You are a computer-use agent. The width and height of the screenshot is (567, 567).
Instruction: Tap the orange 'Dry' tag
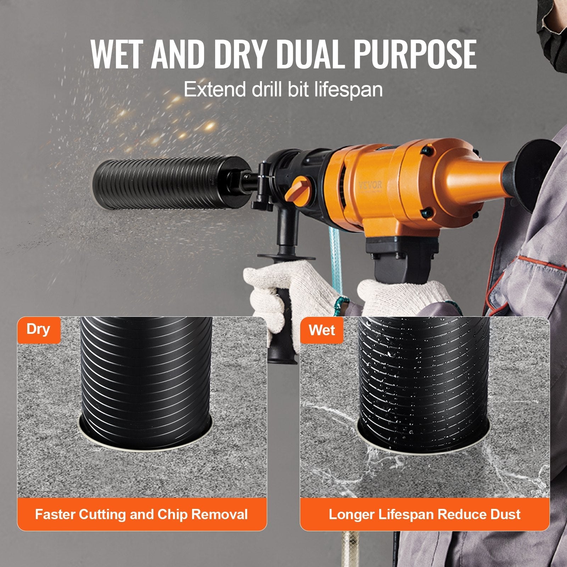(x=38, y=330)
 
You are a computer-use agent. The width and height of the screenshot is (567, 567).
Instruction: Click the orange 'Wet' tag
(x=321, y=330)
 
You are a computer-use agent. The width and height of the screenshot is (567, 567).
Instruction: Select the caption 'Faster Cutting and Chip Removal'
(x=141, y=514)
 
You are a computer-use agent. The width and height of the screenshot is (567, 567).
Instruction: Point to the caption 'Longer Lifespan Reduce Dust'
(x=425, y=514)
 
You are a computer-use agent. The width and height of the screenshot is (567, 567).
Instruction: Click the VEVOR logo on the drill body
(x=370, y=185)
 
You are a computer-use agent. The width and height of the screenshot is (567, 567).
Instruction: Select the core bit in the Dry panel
(x=146, y=372)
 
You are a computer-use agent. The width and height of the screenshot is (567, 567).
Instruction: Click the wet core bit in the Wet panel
(x=423, y=372)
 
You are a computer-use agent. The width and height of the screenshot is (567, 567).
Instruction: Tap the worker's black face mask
(x=553, y=21)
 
